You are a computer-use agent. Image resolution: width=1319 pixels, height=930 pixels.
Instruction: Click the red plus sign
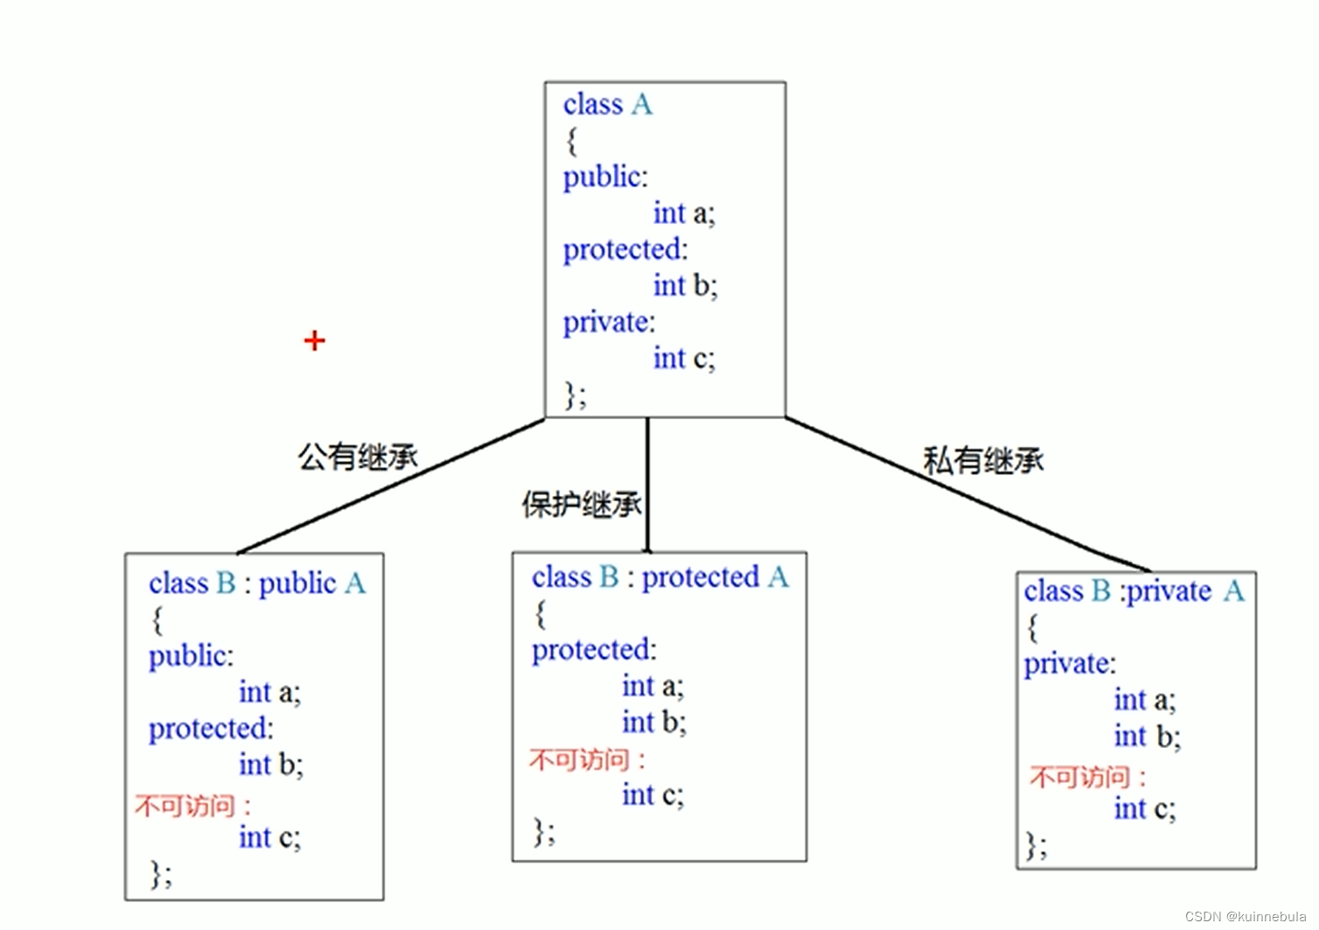pyautogui.click(x=315, y=340)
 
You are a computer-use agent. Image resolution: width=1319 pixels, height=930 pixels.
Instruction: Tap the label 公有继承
pyautogui.click(x=358, y=456)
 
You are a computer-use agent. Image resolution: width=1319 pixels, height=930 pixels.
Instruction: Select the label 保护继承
pyautogui.click(x=581, y=504)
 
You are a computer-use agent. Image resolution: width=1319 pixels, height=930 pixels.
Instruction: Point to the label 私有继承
pyautogui.click(x=983, y=460)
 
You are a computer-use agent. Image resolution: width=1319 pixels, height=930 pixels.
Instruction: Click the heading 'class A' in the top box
pyautogui.click(x=607, y=105)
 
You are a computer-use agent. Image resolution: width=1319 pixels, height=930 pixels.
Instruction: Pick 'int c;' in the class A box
pyautogui.click(x=684, y=358)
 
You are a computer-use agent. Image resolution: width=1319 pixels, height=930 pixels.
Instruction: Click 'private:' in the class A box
pyautogui.click(x=609, y=322)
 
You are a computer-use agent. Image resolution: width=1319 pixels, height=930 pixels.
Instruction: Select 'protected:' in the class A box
pyautogui.click(x=625, y=249)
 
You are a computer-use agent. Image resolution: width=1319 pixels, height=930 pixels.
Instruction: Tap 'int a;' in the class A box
pyautogui.click(x=684, y=213)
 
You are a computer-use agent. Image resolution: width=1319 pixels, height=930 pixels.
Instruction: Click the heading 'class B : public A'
pyautogui.click(x=257, y=583)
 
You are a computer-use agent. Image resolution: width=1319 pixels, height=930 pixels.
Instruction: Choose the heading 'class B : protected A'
pyautogui.click(x=660, y=577)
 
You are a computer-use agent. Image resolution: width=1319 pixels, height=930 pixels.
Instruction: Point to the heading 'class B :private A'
pyautogui.click(x=1134, y=591)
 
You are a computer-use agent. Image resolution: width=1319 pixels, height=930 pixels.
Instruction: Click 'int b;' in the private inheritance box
pyautogui.click(x=1147, y=737)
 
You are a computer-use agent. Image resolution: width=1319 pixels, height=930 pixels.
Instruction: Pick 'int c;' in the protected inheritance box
pyautogui.click(x=653, y=794)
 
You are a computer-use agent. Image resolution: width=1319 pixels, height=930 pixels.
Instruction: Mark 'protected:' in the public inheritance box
pyautogui.click(x=211, y=729)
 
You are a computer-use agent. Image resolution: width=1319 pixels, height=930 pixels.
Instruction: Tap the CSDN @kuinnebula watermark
pyautogui.click(x=1246, y=916)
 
